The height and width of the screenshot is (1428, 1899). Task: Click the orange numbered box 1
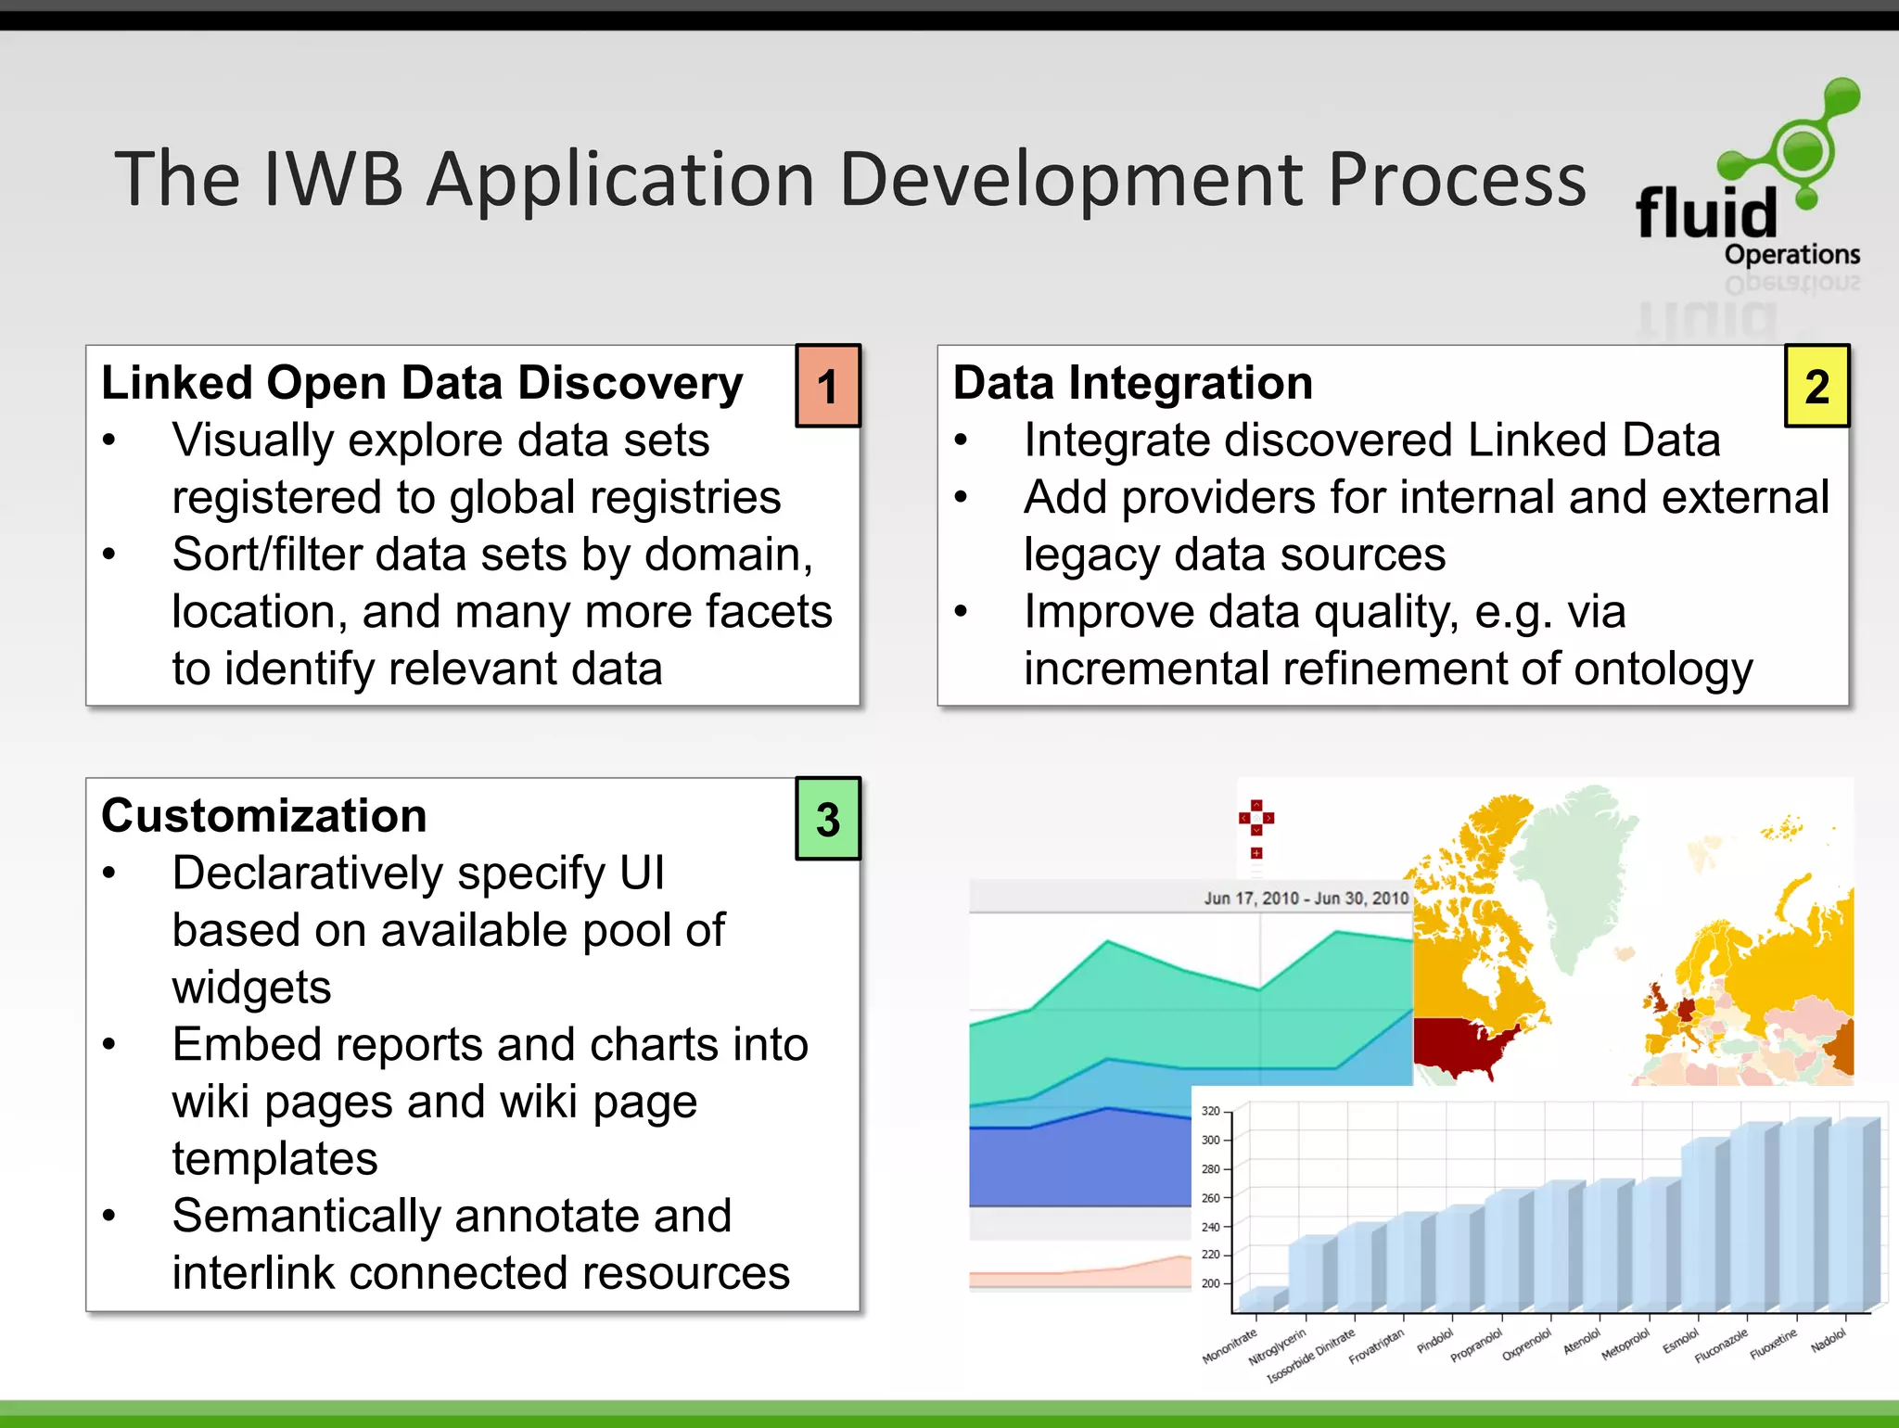click(x=828, y=386)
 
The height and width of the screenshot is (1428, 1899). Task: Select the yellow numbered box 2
click(x=1816, y=386)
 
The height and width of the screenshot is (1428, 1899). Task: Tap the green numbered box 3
click(x=828, y=819)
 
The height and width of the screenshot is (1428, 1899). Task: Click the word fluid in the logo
click(x=1705, y=213)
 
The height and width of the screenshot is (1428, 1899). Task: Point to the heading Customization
click(x=264, y=816)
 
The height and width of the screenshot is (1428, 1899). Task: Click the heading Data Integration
click(x=1132, y=383)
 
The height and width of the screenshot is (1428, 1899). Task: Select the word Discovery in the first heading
click(x=631, y=383)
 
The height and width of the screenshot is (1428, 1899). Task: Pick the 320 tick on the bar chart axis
click(x=1210, y=1111)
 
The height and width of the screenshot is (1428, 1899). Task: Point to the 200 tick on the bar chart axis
click(x=1210, y=1283)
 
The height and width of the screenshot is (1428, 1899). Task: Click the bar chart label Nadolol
click(x=1828, y=1341)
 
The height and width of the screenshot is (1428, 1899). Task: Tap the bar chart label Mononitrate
click(x=1230, y=1345)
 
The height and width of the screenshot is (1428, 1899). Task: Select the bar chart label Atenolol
click(x=1582, y=1342)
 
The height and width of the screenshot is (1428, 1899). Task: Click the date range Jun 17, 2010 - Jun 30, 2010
click(x=1306, y=898)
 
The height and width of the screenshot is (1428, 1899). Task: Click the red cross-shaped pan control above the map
click(x=1256, y=818)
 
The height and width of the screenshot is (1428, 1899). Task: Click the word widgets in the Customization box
click(x=251, y=988)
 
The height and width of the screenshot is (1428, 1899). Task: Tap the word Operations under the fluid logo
click(x=1791, y=254)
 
